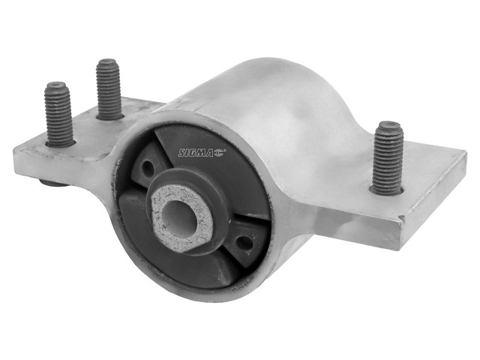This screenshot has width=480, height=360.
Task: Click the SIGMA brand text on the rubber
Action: point(196,152)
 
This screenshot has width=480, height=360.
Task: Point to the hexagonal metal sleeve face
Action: point(182,218)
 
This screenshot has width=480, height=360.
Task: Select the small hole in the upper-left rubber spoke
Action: point(149,168)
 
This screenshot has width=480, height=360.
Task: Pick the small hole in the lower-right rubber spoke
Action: point(245,243)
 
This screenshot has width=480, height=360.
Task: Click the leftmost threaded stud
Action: point(59,114)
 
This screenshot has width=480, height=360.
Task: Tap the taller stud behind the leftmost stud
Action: point(109,89)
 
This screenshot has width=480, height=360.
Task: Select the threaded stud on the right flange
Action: point(388,158)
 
